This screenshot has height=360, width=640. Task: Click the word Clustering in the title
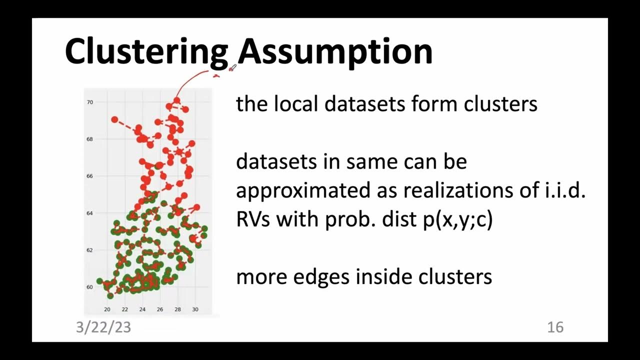(x=146, y=51)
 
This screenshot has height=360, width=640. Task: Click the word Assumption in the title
(x=334, y=51)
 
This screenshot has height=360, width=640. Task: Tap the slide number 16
(x=555, y=327)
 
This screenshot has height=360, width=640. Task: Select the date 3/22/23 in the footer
(x=103, y=327)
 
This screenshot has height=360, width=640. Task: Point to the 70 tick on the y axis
(x=90, y=102)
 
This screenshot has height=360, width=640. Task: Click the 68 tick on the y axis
(x=90, y=139)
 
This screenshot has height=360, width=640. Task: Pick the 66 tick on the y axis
(x=90, y=176)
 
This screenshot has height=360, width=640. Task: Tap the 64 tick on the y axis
(x=90, y=213)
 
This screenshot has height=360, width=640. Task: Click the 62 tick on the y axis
(x=90, y=250)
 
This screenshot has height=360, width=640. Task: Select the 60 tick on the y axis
(x=90, y=287)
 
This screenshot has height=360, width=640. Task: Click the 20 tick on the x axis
(x=107, y=309)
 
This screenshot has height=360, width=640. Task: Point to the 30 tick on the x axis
(x=195, y=309)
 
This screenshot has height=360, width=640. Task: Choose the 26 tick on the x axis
(x=160, y=309)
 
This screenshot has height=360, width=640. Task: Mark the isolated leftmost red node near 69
(x=114, y=119)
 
